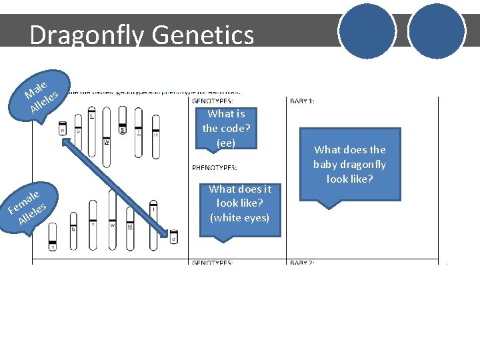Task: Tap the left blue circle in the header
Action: (x=366, y=31)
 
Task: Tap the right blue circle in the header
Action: (x=436, y=31)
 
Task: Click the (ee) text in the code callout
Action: (x=226, y=143)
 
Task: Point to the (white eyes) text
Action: (x=239, y=217)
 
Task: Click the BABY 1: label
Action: (x=303, y=101)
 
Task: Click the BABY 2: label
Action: (x=303, y=263)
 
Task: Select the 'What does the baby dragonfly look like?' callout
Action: (x=349, y=165)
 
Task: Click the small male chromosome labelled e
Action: (x=62, y=128)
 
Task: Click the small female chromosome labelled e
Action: (x=174, y=236)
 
